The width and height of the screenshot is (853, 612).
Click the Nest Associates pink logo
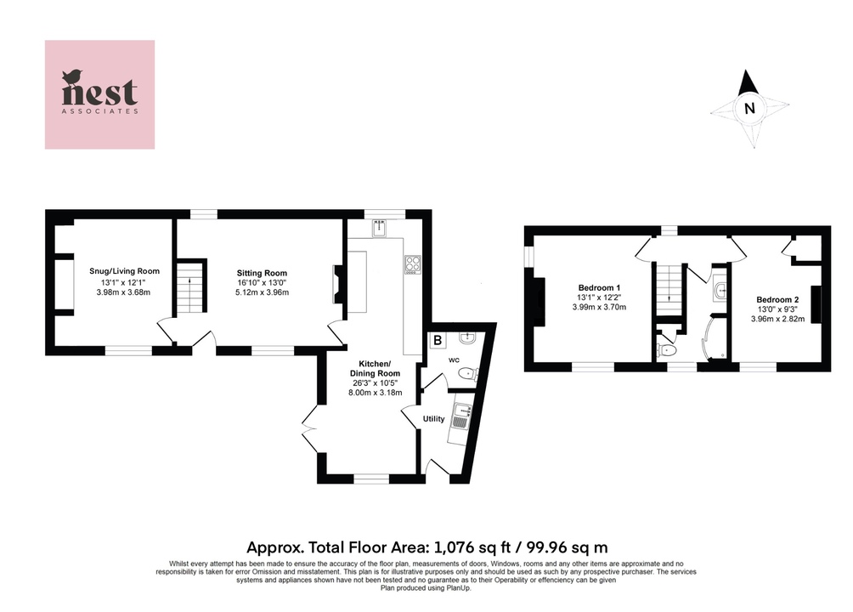click(x=100, y=94)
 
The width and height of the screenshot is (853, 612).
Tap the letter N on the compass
click(x=748, y=108)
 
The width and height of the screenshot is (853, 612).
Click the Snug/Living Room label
click(x=125, y=271)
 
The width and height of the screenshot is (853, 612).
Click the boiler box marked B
click(x=438, y=341)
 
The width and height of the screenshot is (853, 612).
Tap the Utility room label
click(x=435, y=418)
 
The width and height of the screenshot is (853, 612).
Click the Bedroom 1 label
click(x=599, y=286)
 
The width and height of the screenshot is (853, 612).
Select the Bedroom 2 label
click(x=777, y=299)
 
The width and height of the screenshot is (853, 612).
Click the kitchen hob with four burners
click(x=414, y=265)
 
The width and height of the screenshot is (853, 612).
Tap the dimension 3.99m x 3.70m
click(x=599, y=307)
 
